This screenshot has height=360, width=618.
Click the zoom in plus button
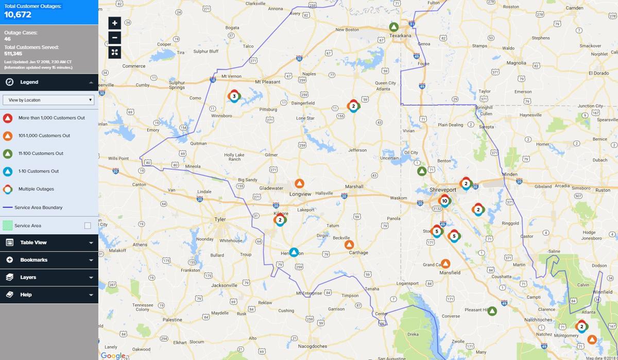pyautogui.click(x=114, y=23)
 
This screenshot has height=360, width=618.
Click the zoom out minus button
pyautogui.click(x=114, y=38)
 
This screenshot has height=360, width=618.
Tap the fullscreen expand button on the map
pyautogui.click(x=114, y=53)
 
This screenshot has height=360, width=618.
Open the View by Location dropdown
pyautogui.click(x=48, y=100)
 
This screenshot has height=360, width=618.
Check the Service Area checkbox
pyautogui.click(x=88, y=226)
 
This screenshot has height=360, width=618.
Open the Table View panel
pyautogui.click(x=49, y=243)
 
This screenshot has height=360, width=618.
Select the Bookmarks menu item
pyautogui.click(x=49, y=260)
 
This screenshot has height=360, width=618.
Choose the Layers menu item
pyautogui.click(x=49, y=277)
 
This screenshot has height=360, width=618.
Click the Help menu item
pyautogui.click(x=49, y=295)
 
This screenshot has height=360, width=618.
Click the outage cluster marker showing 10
pyautogui.click(x=444, y=201)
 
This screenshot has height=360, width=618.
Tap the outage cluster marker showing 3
pyautogui.click(x=234, y=96)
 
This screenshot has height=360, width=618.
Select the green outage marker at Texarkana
pyautogui.click(x=394, y=27)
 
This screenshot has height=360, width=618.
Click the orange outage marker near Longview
pyautogui.click(x=299, y=184)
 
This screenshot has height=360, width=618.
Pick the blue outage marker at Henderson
pyautogui.click(x=294, y=252)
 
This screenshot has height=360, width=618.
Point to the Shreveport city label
pyautogui.click(x=443, y=190)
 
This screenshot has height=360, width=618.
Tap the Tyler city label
pyautogui.click(x=220, y=219)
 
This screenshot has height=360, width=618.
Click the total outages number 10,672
pyautogui.click(x=19, y=14)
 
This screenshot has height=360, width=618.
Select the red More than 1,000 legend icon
pyautogui.click(x=8, y=118)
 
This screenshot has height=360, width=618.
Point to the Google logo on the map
pyautogui.click(x=112, y=355)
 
